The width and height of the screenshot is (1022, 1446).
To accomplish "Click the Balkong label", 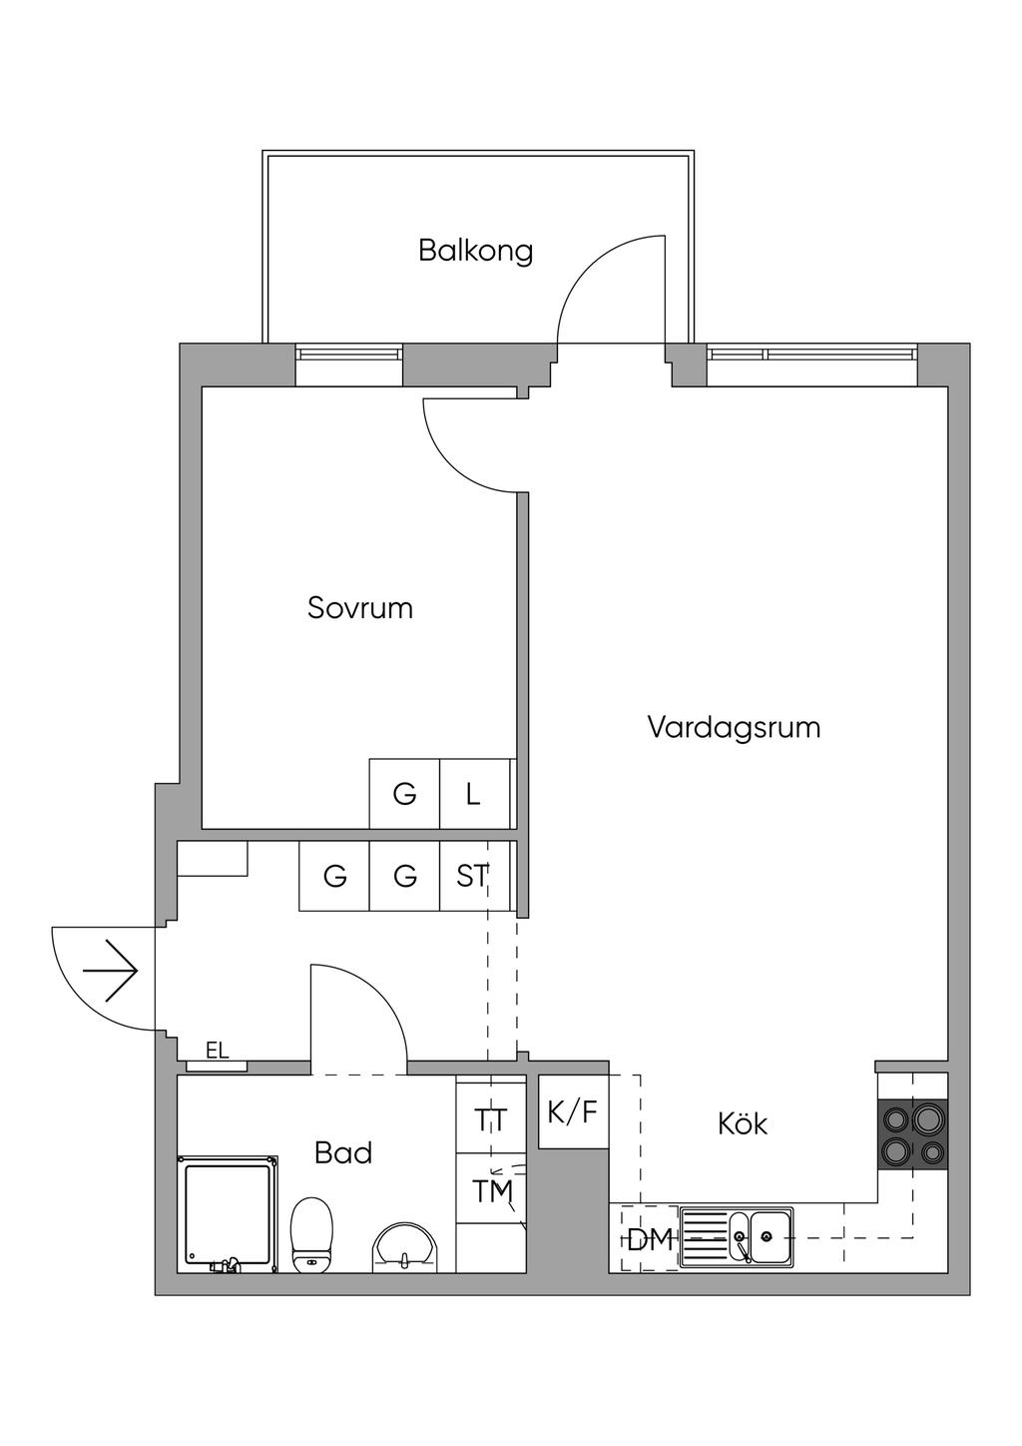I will (x=475, y=250).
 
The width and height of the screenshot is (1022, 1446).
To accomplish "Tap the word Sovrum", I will (x=359, y=608).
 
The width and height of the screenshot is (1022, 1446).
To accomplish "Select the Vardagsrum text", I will (x=734, y=726).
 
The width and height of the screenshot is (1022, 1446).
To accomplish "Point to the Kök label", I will (x=743, y=1123).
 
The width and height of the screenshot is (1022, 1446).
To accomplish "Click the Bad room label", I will (x=342, y=1152).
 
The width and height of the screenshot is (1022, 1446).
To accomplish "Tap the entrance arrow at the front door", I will (x=111, y=971).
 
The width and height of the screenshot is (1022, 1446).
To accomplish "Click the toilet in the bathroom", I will (x=311, y=1234).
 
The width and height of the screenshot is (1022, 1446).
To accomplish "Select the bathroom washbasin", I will (x=404, y=1245).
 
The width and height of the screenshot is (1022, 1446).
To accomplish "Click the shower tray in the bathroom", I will (x=228, y=1213).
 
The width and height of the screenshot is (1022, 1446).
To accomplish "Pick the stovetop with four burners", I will (x=912, y=1134).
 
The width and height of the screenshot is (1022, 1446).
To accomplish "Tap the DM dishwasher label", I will (x=650, y=1240).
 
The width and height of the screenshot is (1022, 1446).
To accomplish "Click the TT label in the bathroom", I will (x=491, y=1120).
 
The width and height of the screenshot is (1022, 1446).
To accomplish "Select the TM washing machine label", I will (x=492, y=1191).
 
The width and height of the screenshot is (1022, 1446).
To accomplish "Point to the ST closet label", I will (x=473, y=876).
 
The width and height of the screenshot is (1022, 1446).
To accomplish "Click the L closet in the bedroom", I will (x=474, y=794).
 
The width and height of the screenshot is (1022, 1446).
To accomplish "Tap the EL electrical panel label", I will (x=217, y=1050).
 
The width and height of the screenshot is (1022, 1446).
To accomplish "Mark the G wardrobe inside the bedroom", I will (x=404, y=794).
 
